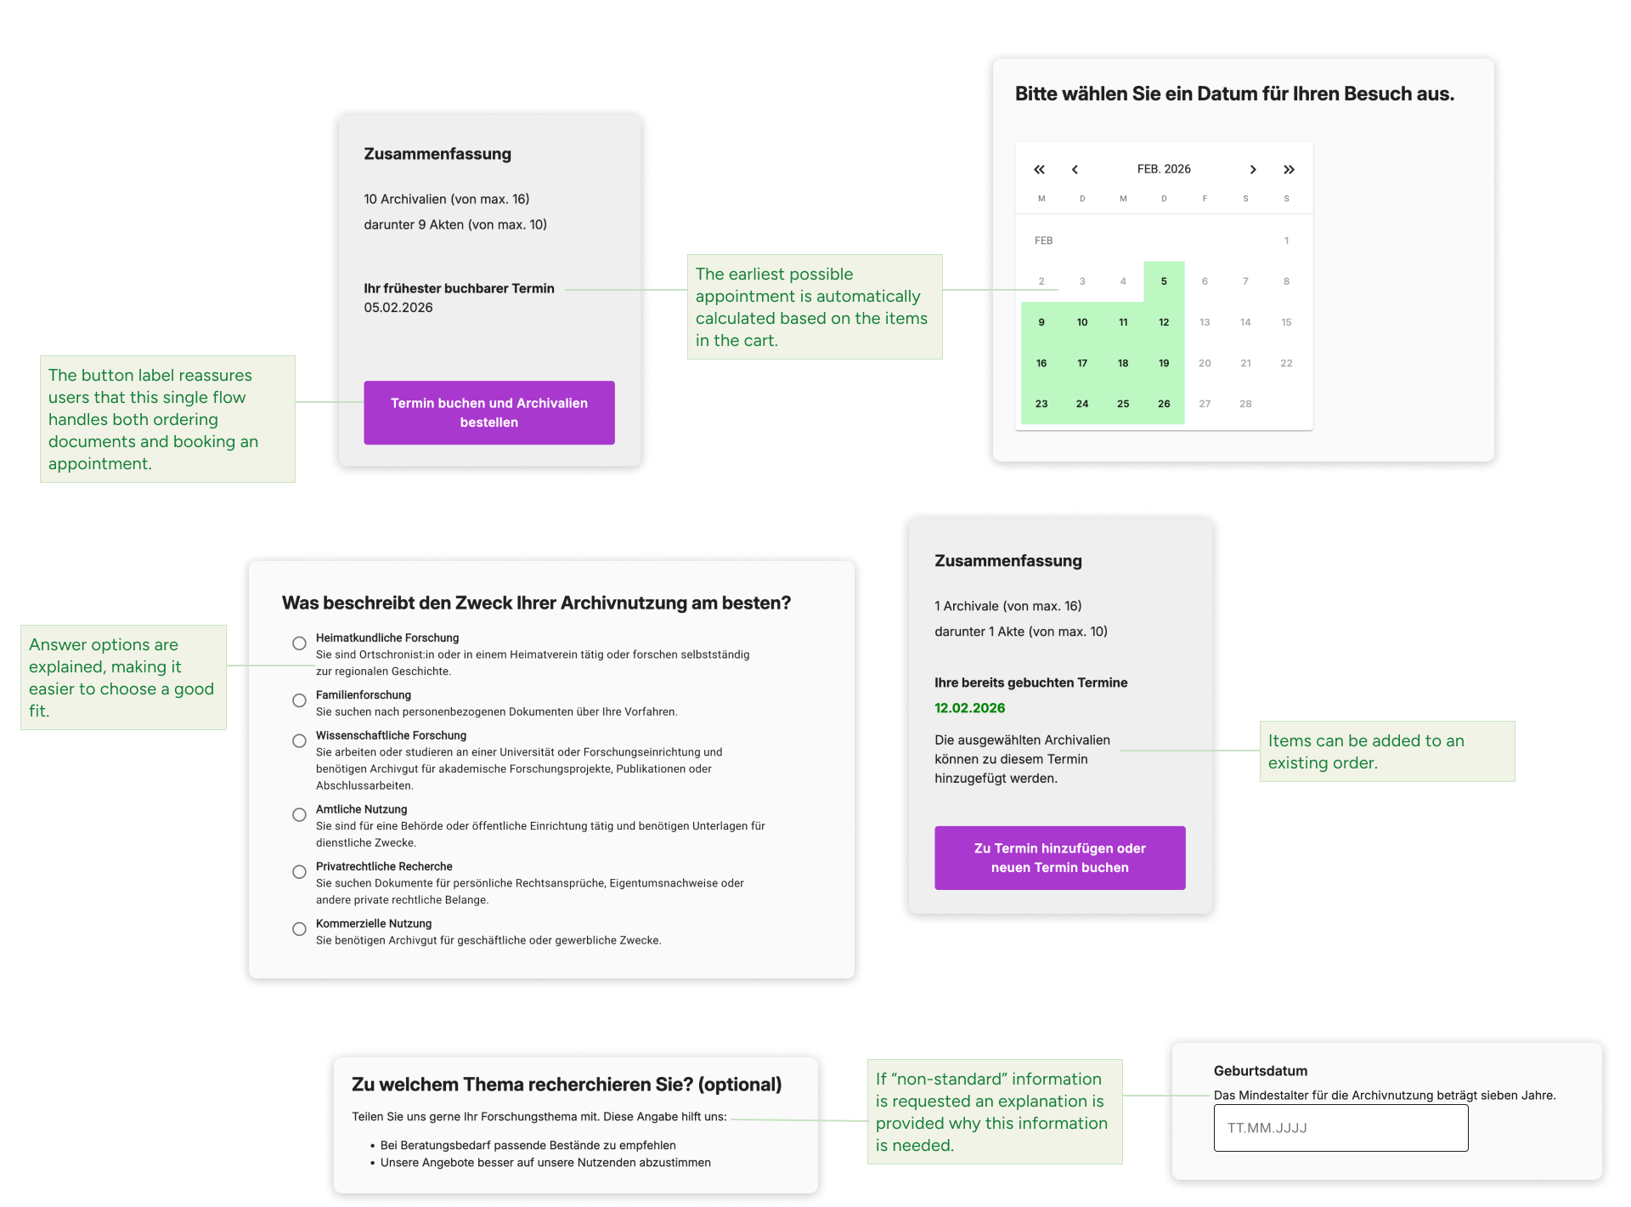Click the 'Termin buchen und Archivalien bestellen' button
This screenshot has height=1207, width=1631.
[488, 412]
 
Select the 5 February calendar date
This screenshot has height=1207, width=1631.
[1164, 281]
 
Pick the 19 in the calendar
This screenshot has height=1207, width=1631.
[1164, 363]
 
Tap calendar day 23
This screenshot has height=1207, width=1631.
[1041, 404]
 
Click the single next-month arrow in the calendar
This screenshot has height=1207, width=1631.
[1252, 169]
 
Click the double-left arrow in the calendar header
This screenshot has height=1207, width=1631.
[1039, 169]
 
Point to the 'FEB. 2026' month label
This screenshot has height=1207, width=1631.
[1164, 169]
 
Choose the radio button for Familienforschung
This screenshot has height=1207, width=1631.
[299, 700]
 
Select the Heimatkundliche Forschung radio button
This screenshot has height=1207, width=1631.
[299, 643]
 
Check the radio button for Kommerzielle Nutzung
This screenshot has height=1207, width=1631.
[299, 929]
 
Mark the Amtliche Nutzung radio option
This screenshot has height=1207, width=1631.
[299, 814]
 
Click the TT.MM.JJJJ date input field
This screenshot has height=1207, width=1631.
[1340, 1128]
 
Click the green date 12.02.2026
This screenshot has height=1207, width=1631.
[969, 708]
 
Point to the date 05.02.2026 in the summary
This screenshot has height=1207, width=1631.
[398, 308]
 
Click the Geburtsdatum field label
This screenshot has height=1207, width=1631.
[1260, 1071]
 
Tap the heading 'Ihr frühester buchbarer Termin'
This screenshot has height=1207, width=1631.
[459, 288]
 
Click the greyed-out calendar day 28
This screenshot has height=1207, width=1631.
[1245, 404]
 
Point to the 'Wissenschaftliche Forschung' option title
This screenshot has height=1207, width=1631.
[391, 735]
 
